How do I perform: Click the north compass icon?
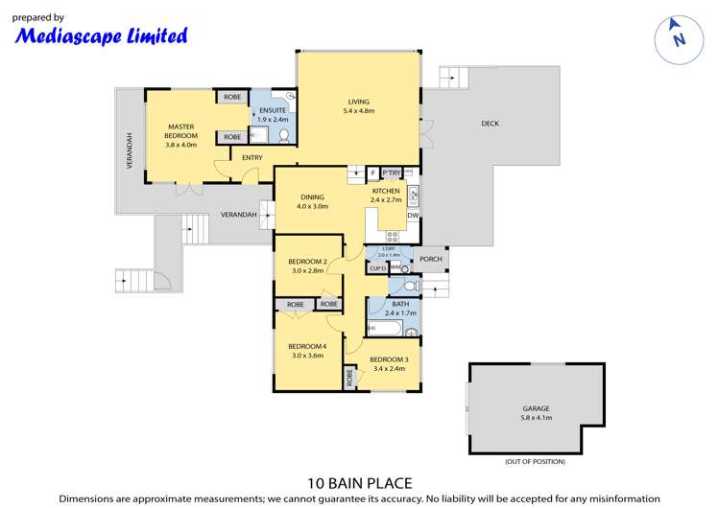coord(678,36)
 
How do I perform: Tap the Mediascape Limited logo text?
coord(100,36)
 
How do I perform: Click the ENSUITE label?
coord(274,110)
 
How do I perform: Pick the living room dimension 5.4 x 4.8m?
coord(358,112)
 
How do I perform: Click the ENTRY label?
coord(252,158)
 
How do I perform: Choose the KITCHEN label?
coord(386,191)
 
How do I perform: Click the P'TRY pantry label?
coord(392,173)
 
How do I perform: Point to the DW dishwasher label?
coord(413,216)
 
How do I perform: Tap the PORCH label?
coord(431,260)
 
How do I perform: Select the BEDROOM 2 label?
coord(308,262)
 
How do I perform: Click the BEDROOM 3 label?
coord(389,359)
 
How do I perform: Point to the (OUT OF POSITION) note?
coord(535,461)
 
